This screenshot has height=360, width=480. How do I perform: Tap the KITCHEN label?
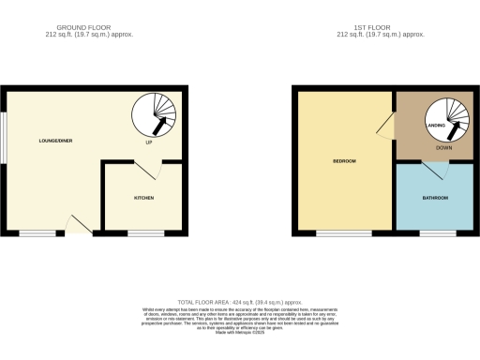[x=143, y=199]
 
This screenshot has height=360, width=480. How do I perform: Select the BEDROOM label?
[x=344, y=161]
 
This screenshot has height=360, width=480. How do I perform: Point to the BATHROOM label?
[x=433, y=199]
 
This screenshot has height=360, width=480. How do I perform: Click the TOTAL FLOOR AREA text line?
[x=240, y=301]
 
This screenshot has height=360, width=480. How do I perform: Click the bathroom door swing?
[x=432, y=170]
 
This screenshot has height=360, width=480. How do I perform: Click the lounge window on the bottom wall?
[x=37, y=232]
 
